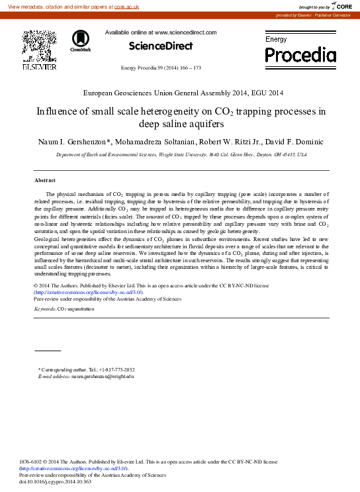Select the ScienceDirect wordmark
[x=161, y=46]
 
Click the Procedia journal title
[x=300, y=54]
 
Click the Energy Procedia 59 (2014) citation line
[x=161, y=68]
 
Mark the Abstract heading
[x=44, y=180]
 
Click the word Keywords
[x=45, y=309]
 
